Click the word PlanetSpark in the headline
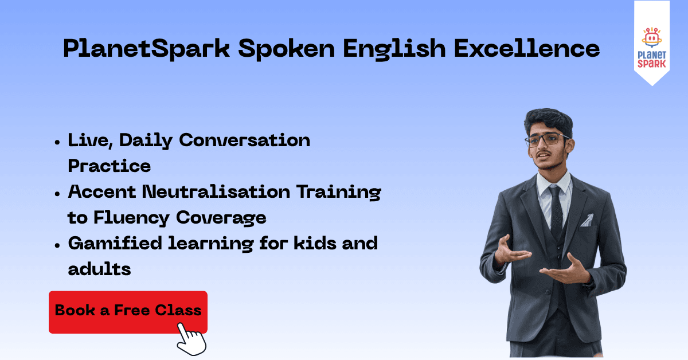click(x=147, y=49)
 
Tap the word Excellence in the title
click(x=527, y=48)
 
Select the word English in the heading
click(x=394, y=49)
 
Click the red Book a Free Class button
click(x=128, y=312)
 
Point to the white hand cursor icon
click(x=191, y=339)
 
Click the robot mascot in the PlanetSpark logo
click(x=651, y=37)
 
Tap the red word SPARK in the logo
click(x=651, y=64)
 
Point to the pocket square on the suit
click(x=587, y=220)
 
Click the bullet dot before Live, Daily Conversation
click(x=57, y=142)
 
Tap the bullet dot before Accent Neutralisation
click(x=57, y=194)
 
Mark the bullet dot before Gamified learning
click(x=57, y=245)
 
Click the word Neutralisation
click(x=216, y=191)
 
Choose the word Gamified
click(x=115, y=243)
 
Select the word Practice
click(x=110, y=166)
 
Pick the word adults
click(x=99, y=269)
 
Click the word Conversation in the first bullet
click(x=244, y=140)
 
